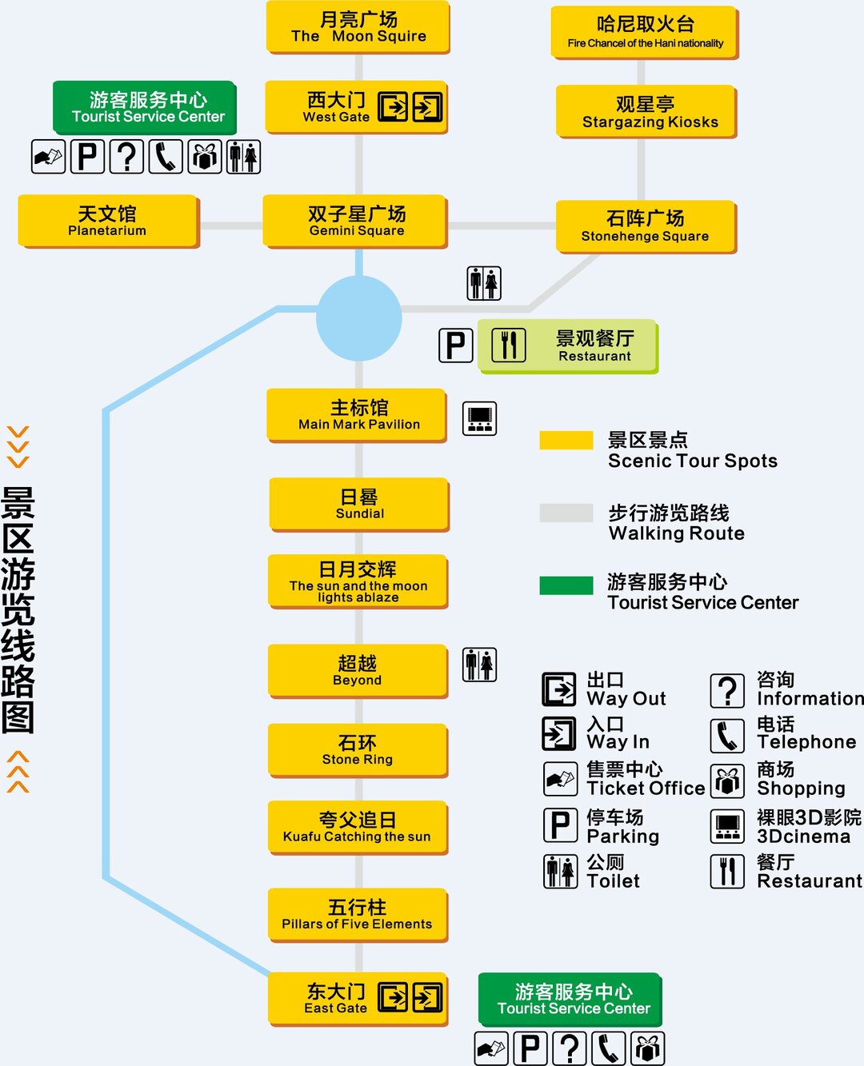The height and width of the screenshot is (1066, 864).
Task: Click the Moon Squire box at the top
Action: pyautogui.click(x=358, y=27)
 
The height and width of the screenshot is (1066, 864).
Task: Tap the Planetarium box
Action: pyautogui.click(x=108, y=221)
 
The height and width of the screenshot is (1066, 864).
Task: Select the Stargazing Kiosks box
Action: pyautogui.click(x=646, y=111)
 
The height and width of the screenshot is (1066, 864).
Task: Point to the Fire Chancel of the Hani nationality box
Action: pyautogui.click(x=644, y=32)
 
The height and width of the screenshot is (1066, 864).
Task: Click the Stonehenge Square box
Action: pyautogui.click(x=645, y=226)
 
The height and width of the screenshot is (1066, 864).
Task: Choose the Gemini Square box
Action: pyautogui.click(x=356, y=221)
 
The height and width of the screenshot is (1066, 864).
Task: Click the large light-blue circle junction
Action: pyautogui.click(x=358, y=318)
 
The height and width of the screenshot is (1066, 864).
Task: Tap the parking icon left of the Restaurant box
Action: pyautogui.click(x=456, y=345)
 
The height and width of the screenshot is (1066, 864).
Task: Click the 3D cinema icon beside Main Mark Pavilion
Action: pyautogui.click(x=479, y=418)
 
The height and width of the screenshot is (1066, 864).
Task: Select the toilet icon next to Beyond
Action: pyautogui.click(x=479, y=665)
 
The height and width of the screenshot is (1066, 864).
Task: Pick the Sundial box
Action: pyautogui.click(x=359, y=504)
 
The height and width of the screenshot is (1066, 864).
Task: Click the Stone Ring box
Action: pyautogui.click(x=357, y=749)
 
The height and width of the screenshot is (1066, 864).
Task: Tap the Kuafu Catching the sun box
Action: pyautogui.click(x=357, y=827)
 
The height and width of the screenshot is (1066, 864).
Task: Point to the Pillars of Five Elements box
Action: pyautogui.click(x=357, y=914)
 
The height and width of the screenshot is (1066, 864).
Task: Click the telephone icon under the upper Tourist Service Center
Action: pyautogui.click(x=165, y=157)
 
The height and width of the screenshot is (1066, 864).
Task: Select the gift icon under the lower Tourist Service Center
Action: pyautogui.click(x=647, y=1048)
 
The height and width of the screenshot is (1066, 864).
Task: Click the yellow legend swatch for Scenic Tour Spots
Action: pyautogui.click(x=566, y=441)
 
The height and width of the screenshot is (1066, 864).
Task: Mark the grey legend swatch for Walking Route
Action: pyautogui.click(x=566, y=513)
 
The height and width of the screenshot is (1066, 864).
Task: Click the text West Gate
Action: pyautogui.click(x=336, y=117)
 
